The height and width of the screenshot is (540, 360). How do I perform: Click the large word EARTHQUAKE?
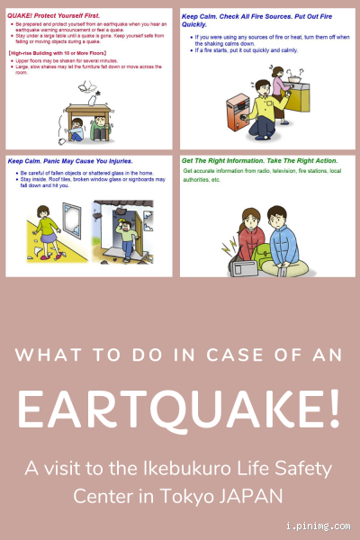pos(180,409)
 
